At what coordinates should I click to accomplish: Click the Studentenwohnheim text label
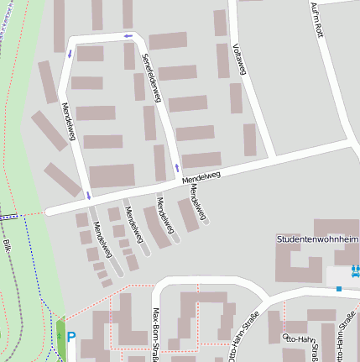(317, 239)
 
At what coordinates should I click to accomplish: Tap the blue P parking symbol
(71, 338)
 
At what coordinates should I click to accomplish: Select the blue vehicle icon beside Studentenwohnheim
(355, 270)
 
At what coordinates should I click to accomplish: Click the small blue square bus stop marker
(339, 288)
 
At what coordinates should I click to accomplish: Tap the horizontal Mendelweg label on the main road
(201, 176)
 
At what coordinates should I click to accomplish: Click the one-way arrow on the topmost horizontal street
(128, 36)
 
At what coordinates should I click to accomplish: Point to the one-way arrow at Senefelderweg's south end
(176, 168)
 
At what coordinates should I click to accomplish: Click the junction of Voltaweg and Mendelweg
(273, 157)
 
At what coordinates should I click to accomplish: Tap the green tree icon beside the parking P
(60, 338)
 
